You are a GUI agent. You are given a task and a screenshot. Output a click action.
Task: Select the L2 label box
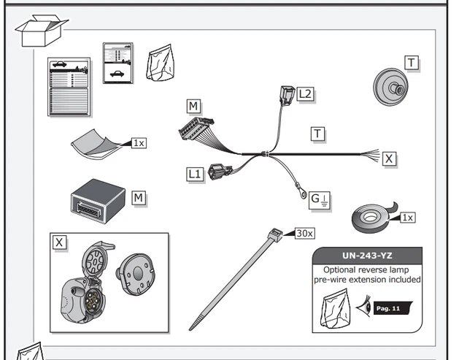coord(306,93)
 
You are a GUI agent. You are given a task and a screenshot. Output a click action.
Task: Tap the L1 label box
coord(194,174)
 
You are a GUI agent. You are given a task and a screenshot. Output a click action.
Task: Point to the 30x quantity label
coord(305,233)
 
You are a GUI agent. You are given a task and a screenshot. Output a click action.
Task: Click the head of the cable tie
coord(274,236)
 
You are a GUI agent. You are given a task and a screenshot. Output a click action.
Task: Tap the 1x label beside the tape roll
coord(407,217)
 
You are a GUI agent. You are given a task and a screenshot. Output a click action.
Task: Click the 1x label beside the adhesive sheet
coord(138,142)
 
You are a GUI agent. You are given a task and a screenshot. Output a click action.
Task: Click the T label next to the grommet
coord(412,64)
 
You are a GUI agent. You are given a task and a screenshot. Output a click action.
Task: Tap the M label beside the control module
coord(139,197)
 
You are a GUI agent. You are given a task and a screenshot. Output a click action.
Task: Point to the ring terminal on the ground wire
coord(300,194)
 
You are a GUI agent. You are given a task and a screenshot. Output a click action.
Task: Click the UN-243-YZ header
coord(367,256)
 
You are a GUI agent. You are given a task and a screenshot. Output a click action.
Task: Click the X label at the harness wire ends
coord(390,158)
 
